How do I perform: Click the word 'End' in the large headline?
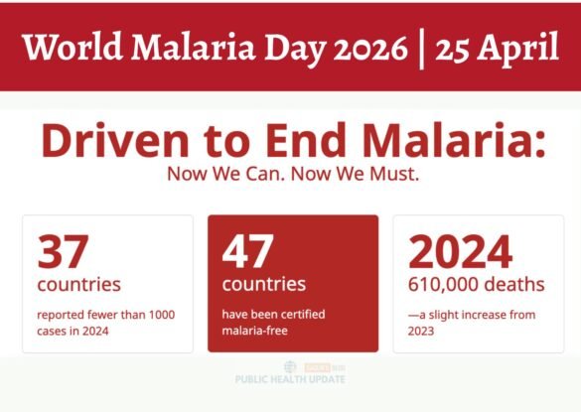(x=289, y=143)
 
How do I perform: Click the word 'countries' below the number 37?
(x=78, y=285)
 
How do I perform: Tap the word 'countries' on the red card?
(x=263, y=285)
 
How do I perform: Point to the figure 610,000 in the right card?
(x=444, y=285)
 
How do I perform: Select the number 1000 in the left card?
(x=157, y=315)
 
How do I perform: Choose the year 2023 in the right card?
(x=422, y=331)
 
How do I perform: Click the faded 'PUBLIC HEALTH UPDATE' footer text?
(x=291, y=379)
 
